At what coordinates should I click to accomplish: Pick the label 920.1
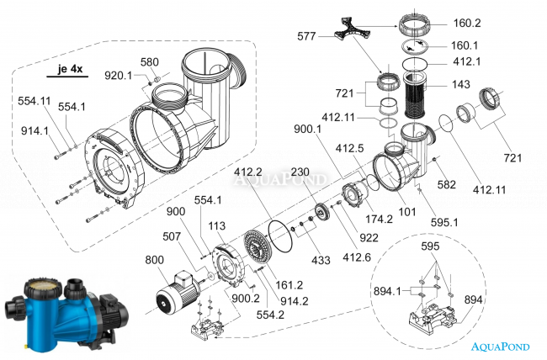119,76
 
